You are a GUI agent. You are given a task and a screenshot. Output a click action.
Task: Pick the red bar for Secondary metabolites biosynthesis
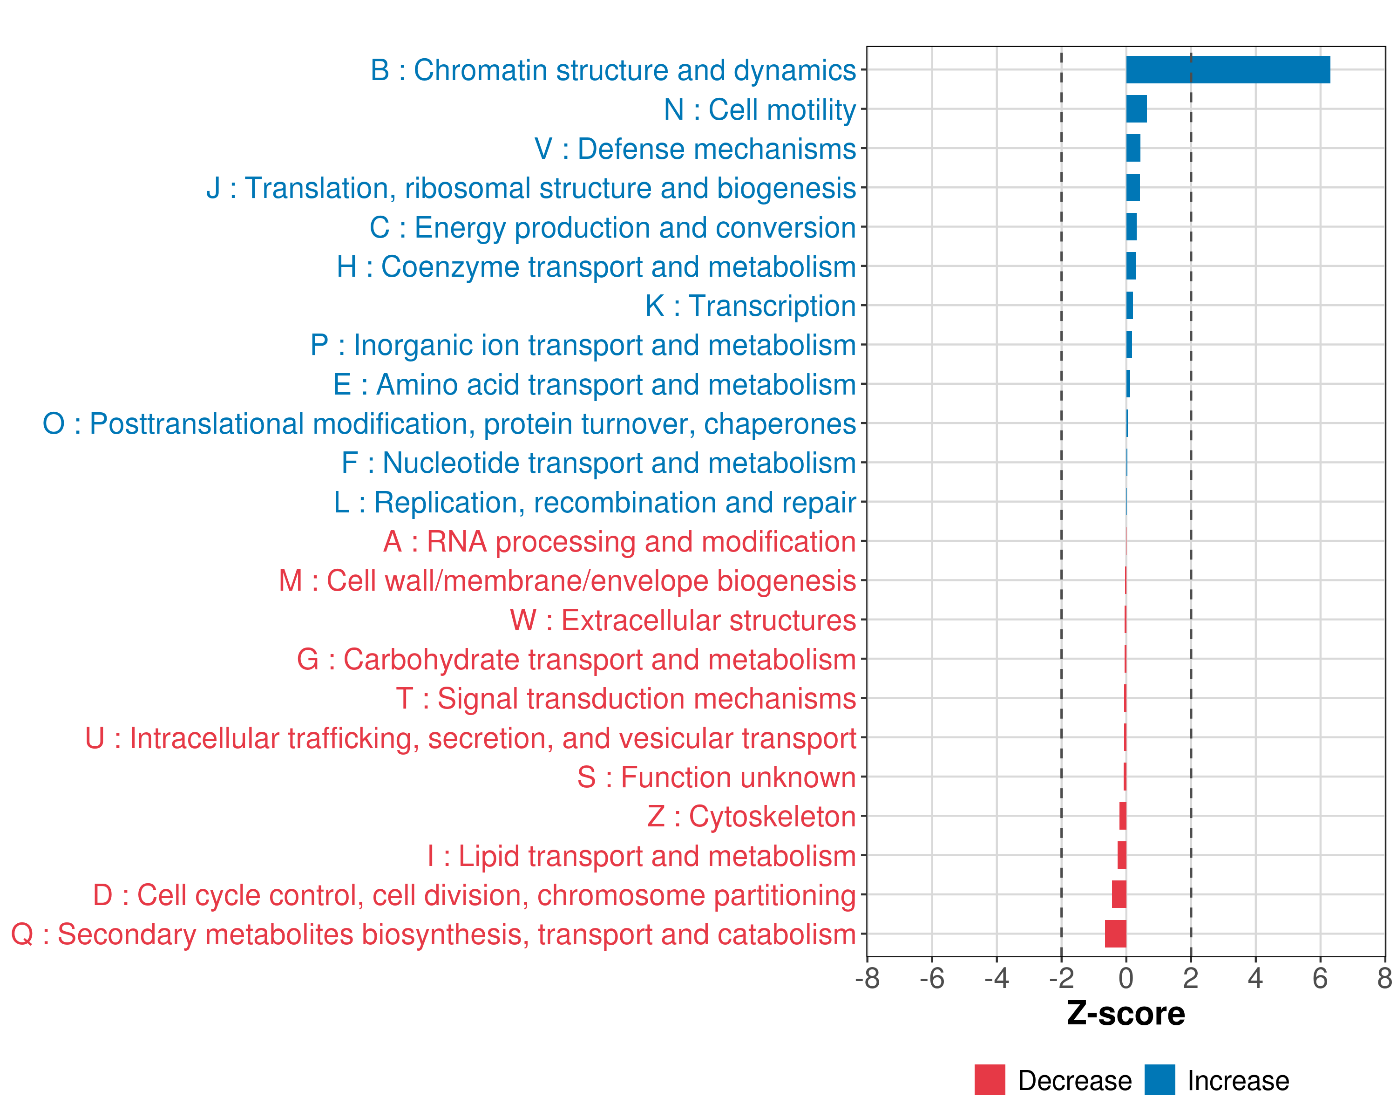click(x=1115, y=934)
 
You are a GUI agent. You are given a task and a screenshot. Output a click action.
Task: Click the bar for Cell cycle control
click(x=1119, y=894)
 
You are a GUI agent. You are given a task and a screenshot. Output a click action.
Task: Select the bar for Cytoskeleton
click(x=1123, y=816)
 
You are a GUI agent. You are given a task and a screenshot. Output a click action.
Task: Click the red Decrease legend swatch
click(x=990, y=1080)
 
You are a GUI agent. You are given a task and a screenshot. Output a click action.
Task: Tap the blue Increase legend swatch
click(x=1159, y=1080)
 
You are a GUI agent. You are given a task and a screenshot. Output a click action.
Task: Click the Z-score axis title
click(x=1126, y=1014)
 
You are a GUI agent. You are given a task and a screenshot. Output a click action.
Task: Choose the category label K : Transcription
click(x=750, y=306)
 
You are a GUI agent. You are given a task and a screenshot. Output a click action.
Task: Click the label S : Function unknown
click(x=716, y=777)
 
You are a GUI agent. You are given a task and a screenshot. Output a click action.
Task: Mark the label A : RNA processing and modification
click(x=619, y=542)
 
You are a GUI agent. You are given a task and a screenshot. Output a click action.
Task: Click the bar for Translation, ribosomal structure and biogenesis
click(x=1133, y=188)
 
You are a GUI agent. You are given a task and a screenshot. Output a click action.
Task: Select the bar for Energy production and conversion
click(x=1131, y=227)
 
